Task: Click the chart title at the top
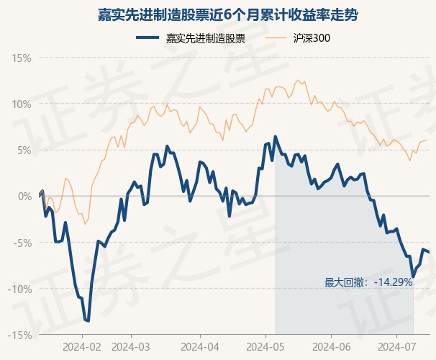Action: click(228, 14)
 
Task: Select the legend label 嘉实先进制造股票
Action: click(206, 38)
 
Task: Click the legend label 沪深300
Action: click(312, 38)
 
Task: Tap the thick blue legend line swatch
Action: click(147, 38)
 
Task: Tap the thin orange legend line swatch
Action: click(276, 38)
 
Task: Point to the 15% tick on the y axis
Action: click(22, 58)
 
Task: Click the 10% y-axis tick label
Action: click(22, 104)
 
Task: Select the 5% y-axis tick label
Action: click(24, 150)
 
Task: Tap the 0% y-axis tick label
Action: click(24, 197)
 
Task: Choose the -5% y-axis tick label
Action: click(22, 243)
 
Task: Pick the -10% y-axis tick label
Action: click(19, 289)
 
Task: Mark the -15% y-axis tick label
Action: click(19, 336)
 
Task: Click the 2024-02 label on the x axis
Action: click(82, 347)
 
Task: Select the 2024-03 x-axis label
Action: click(131, 347)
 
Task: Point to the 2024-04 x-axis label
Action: click(200, 347)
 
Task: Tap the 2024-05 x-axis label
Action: click(265, 347)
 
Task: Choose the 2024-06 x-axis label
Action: click(332, 347)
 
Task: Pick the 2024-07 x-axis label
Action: click(397, 347)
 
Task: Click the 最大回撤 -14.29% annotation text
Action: click(368, 282)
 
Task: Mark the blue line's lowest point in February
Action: click(88, 321)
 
